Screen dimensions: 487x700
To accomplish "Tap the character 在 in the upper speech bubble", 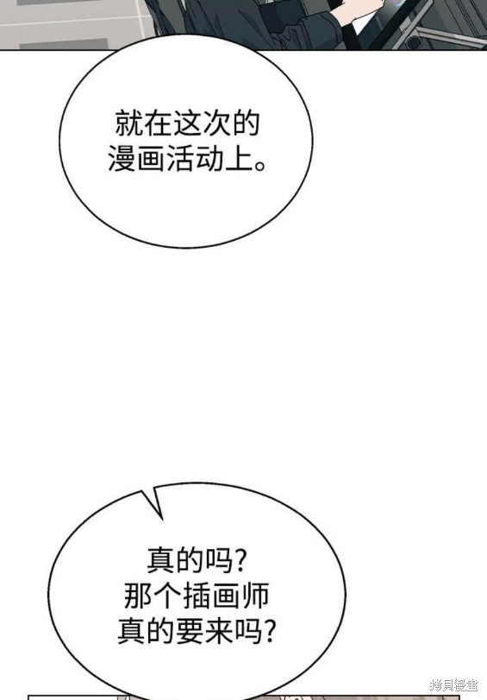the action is pos(158,123).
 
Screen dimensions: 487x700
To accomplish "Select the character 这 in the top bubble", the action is pos(187,123).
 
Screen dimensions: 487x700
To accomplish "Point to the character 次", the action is pos(216,123).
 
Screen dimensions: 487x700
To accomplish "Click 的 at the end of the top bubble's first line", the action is pos(246,123).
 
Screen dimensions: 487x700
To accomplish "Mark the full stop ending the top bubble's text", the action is pos(260,166).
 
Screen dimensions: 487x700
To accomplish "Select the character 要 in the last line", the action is pos(190,631).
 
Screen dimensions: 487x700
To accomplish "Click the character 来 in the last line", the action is pos(219,631).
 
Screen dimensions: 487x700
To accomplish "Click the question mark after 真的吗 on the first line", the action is pos(240,560).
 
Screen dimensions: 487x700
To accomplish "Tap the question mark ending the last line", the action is pos(270,631).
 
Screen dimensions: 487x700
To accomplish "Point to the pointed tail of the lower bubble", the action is pos(143,492).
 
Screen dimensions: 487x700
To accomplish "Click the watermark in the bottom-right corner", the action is pos(453,684).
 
